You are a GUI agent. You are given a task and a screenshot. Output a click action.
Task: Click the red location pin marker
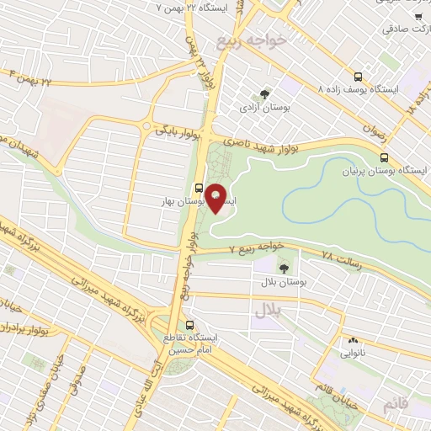tap(216, 198)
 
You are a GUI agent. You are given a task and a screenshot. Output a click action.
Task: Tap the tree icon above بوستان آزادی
tap(266, 94)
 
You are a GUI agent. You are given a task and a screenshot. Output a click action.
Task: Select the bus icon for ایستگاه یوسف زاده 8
tap(359, 74)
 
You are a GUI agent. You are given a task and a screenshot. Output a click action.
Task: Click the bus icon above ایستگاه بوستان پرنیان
tap(385, 157)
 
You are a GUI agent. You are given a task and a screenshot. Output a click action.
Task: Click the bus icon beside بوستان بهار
tap(199, 189)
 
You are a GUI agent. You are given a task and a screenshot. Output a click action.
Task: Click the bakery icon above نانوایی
tap(353, 342)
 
